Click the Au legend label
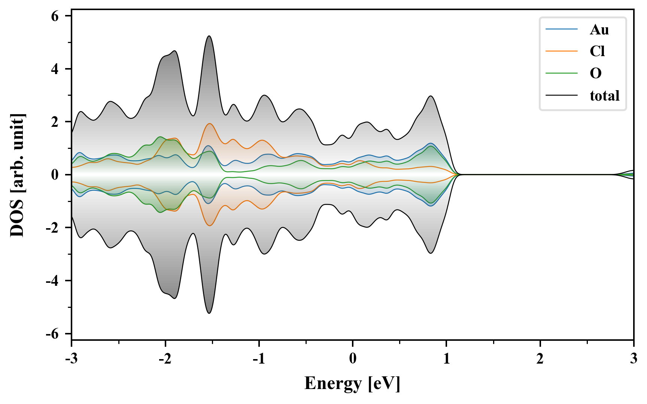[x=599, y=30]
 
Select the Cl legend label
[x=597, y=51]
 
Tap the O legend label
[x=596, y=73]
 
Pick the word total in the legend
[x=604, y=96]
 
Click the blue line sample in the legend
[x=561, y=30]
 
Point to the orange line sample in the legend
[x=561, y=51]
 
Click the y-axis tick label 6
[x=55, y=16]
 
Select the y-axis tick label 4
[x=55, y=69]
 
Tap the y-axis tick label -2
[x=52, y=228]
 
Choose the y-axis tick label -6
[x=52, y=334]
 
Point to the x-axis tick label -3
[x=71, y=359]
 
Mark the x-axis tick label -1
[x=259, y=359]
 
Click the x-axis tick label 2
[x=540, y=359]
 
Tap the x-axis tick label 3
[x=634, y=359]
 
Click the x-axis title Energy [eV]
[x=352, y=383]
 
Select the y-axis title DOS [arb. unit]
[x=17, y=175]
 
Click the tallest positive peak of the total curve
[x=209, y=36]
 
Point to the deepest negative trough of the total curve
[x=209, y=313]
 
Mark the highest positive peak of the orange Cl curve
[x=210, y=124]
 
